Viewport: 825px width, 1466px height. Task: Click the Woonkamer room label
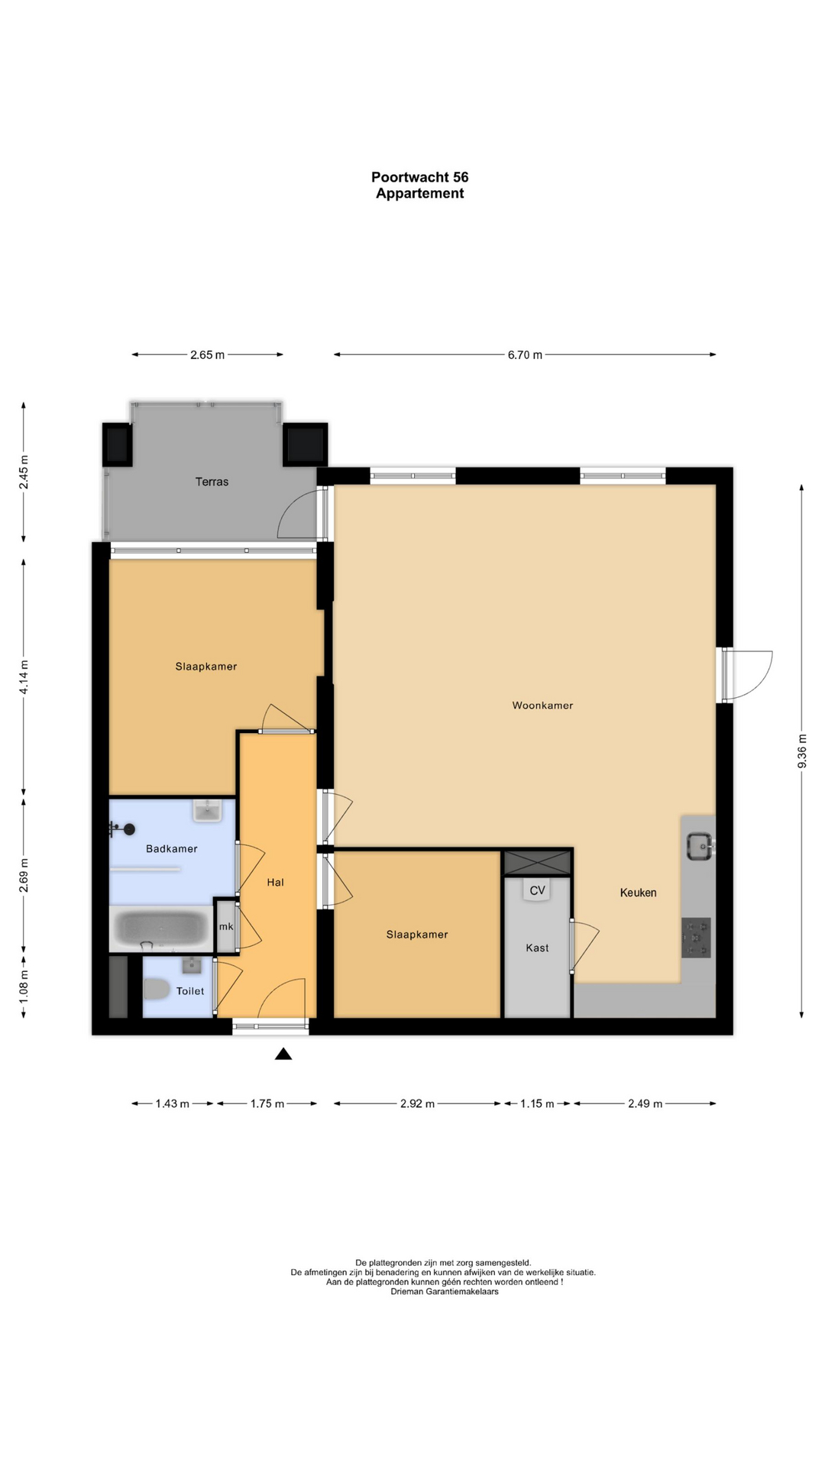click(542, 706)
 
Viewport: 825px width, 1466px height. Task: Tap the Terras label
click(212, 482)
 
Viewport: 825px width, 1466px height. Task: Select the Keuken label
click(638, 893)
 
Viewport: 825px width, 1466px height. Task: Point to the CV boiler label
click(537, 890)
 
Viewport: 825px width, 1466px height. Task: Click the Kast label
click(537, 948)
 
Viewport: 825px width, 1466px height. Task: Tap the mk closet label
click(226, 926)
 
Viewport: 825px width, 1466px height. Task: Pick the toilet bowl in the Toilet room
click(157, 990)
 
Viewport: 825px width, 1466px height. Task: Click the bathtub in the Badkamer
click(161, 928)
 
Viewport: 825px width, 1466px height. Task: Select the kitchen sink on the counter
click(699, 846)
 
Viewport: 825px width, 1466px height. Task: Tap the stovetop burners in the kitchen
click(696, 938)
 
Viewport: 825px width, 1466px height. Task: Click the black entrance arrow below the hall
click(283, 1054)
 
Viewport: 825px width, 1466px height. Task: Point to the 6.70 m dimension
click(525, 354)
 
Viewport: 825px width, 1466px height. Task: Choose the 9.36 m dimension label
click(801, 751)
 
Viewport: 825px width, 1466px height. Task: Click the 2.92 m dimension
click(417, 1103)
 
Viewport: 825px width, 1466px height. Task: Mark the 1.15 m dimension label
click(537, 1103)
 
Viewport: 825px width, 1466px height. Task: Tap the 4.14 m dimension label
click(24, 677)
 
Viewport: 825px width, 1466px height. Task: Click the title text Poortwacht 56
click(420, 177)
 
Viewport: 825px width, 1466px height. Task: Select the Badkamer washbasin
click(208, 810)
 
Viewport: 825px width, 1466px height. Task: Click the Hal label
click(275, 882)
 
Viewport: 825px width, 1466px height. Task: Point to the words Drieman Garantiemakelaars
click(445, 1291)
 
